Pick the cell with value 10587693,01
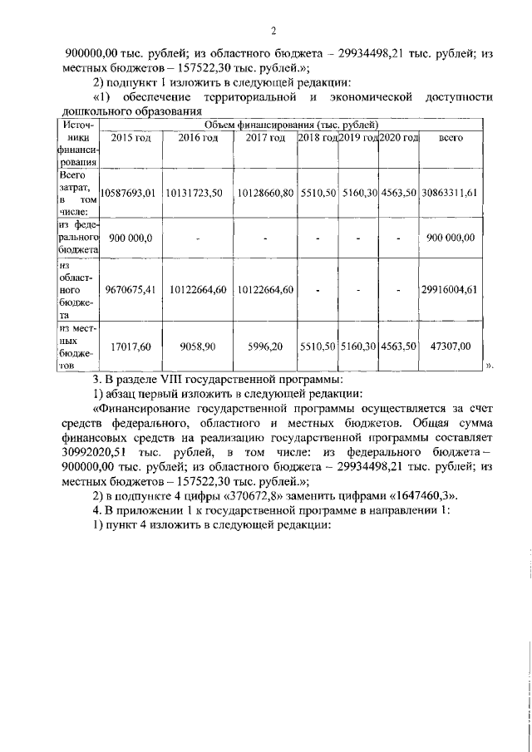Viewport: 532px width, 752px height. (x=128, y=193)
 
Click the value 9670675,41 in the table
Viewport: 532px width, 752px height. (x=128, y=290)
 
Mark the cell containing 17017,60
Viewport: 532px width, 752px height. (x=130, y=345)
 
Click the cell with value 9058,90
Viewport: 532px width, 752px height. (x=198, y=345)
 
